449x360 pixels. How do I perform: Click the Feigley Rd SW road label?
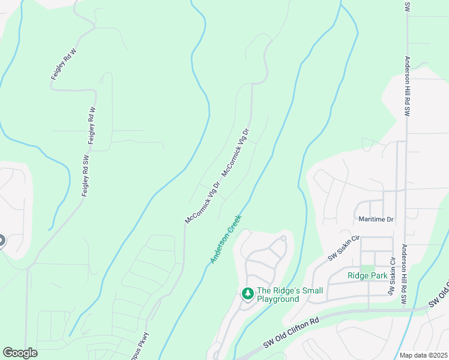(86, 178)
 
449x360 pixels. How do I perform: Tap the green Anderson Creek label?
(226, 239)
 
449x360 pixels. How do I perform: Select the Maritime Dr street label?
(375, 220)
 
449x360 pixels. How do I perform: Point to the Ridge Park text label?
(367, 275)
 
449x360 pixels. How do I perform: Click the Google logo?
(20, 353)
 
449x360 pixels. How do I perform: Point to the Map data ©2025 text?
(423, 355)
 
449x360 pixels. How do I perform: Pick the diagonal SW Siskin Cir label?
(343, 248)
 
